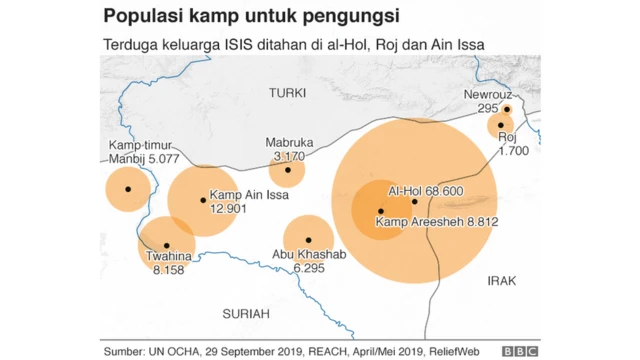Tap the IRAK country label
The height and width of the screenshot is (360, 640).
501,281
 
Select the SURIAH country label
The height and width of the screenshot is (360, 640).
246,314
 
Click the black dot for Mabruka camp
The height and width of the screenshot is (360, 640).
288,170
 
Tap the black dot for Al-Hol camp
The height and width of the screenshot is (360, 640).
414,201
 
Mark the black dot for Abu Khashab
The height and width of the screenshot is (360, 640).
309,241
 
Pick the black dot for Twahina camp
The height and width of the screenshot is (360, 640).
166,245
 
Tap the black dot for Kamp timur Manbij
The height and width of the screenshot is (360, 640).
127,189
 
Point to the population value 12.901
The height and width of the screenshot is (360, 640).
228,208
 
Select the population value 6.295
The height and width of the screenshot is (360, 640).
309,268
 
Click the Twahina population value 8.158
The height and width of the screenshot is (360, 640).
168,271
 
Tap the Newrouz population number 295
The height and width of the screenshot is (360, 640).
488,108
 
